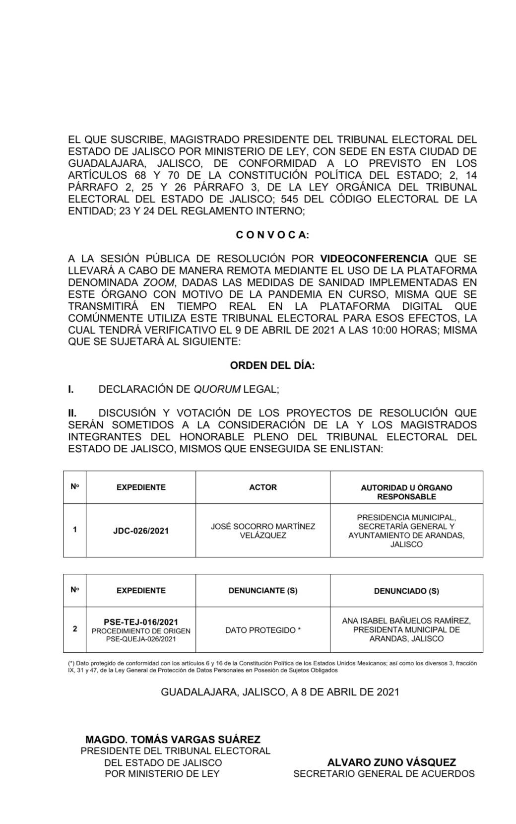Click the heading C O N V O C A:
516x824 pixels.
coord(272,235)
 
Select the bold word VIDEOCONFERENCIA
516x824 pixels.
coord(374,259)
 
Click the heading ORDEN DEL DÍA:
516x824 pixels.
coord(272,366)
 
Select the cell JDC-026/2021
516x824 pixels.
coord(141,531)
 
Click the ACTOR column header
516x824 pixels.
coord(263,487)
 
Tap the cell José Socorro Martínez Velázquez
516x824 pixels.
coord(263,531)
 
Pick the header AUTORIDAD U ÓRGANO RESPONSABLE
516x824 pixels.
coord(406,492)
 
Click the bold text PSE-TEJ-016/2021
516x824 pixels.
coord(141,622)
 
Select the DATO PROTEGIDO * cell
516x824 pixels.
coord(263,630)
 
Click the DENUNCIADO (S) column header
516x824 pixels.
coord(406,591)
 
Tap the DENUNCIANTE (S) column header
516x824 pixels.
coord(263,591)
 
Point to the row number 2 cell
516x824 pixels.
coord(75,629)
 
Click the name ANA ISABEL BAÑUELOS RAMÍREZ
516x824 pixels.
coord(406,621)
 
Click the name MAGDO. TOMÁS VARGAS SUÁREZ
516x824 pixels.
coord(173,740)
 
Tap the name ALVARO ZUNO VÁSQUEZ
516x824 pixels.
coord(391,762)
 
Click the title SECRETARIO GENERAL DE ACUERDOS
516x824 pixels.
coord(384,774)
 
